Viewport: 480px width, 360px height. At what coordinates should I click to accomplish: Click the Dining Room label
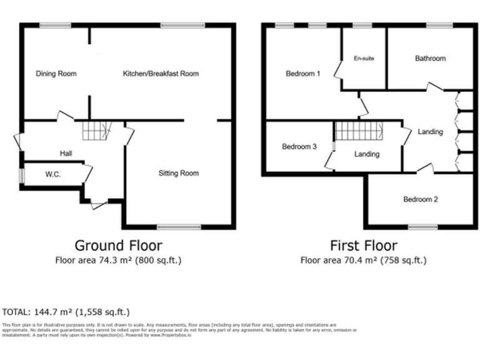[x=56, y=74]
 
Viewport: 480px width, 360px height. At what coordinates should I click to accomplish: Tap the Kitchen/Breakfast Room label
[x=161, y=74]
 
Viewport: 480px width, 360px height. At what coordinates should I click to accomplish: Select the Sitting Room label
[x=178, y=173]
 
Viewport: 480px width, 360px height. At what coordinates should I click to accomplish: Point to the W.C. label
[x=52, y=174]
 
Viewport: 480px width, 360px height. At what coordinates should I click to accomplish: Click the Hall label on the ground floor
[x=66, y=154]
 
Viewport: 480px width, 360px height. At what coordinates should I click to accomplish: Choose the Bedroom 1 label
[x=302, y=74]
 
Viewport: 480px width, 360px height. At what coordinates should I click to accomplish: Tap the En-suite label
[x=363, y=59]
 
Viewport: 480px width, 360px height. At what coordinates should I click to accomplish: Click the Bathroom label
[x=430, y=59]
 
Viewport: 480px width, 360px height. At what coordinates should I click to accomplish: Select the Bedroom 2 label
[x=420, y=200]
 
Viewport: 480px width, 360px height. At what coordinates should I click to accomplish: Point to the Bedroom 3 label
[x=299, y=147]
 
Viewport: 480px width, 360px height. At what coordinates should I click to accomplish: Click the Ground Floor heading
[x=118, y=245]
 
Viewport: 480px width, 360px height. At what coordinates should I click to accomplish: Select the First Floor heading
[x=363, y=245]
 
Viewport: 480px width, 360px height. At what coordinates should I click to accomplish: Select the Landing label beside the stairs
[x=366, y=154]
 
